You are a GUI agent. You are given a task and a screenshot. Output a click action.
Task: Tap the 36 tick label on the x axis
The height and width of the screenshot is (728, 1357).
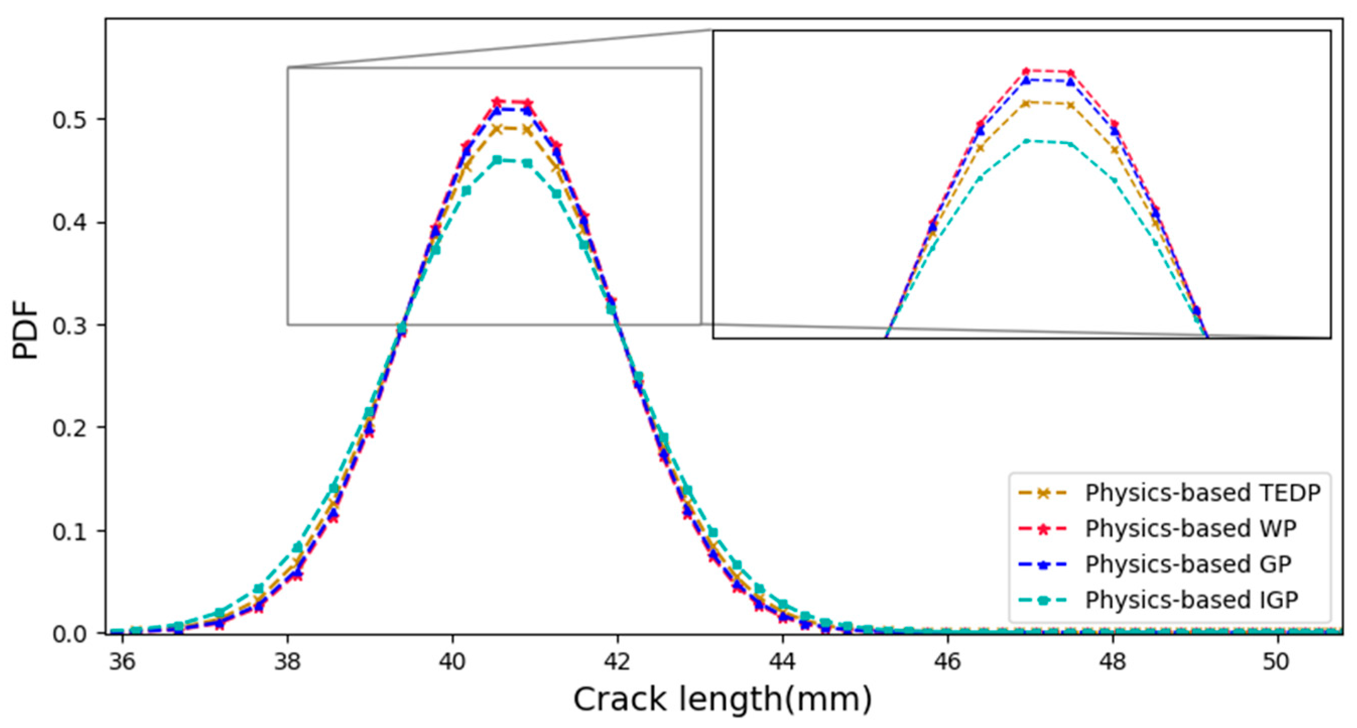tap(122, 661)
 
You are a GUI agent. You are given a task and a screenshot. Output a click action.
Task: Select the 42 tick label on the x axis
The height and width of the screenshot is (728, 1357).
tap(617, 661)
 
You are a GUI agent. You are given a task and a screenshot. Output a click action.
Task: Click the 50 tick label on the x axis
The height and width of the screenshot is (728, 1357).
tap(1278, 661)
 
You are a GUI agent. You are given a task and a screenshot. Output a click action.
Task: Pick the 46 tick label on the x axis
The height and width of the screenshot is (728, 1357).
tap(948, 661)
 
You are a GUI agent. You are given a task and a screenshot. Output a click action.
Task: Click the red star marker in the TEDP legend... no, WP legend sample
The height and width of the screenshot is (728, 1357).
tap(1043, 529)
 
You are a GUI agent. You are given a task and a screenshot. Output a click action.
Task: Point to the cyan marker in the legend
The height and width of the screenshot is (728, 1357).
tap(1043, 600)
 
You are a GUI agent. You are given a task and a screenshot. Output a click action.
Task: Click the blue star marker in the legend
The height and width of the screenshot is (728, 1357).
tap(1043, 565)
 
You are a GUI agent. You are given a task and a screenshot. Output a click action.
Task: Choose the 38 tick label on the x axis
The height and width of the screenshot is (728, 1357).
tap(288, 661)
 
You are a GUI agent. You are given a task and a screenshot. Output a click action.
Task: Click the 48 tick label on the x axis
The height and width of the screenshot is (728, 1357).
tap(1113, 661)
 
